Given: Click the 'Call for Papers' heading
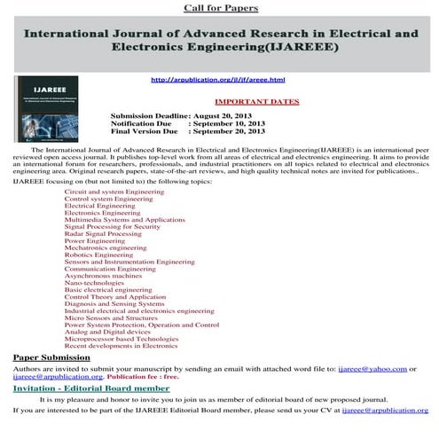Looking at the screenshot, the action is click(221, 8).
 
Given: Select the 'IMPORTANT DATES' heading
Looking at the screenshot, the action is click(257, 103).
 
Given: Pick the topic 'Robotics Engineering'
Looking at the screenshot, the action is click(98, 255).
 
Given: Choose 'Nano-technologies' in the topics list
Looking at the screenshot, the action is click(96, 284).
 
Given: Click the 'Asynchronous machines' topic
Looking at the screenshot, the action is click(102, 277).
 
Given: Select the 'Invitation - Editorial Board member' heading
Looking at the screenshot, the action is click(91, 388).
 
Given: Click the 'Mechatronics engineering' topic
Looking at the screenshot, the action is click(106, 248).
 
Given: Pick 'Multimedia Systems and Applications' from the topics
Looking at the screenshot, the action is click(125, 218).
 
